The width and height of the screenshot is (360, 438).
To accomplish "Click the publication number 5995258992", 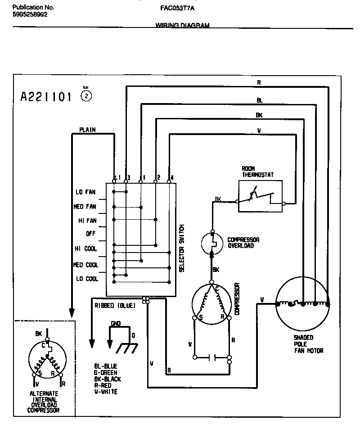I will pos(30,14).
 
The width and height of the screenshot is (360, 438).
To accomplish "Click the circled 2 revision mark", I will pos(86,96).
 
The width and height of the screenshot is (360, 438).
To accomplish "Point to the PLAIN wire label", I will pos(87,130).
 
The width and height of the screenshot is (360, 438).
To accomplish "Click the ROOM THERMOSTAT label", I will pos(258,172).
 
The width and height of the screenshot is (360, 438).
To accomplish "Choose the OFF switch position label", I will pos(91,234).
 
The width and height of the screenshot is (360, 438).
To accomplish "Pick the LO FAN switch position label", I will pos(85,192).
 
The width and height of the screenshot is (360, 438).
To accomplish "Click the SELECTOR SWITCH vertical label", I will pos(182,248).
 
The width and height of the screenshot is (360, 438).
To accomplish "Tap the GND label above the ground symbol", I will pos(116,323).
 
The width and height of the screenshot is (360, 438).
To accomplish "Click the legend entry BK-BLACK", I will pos(108,379).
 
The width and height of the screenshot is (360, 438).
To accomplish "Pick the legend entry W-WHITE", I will pos(106,392).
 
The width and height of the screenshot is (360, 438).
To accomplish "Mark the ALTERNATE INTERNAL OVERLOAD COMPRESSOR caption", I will pos(44,402).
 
